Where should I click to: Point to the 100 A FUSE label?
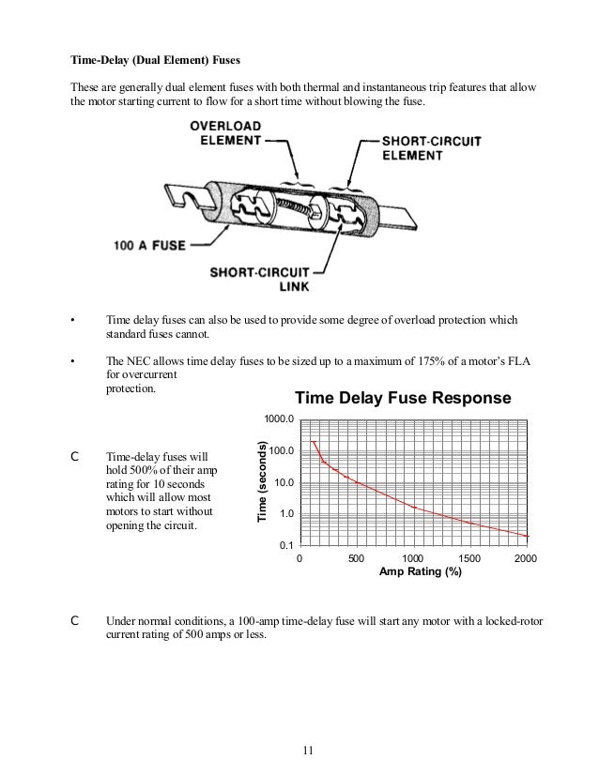tap(148, 246)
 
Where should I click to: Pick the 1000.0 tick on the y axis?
tap(280, 418)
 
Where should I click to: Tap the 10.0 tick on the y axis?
tap(283, 482)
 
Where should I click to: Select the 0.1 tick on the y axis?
tap(286, 545)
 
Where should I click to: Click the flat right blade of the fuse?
tap(400, 224)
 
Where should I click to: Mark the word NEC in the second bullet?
tap(132, 359)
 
